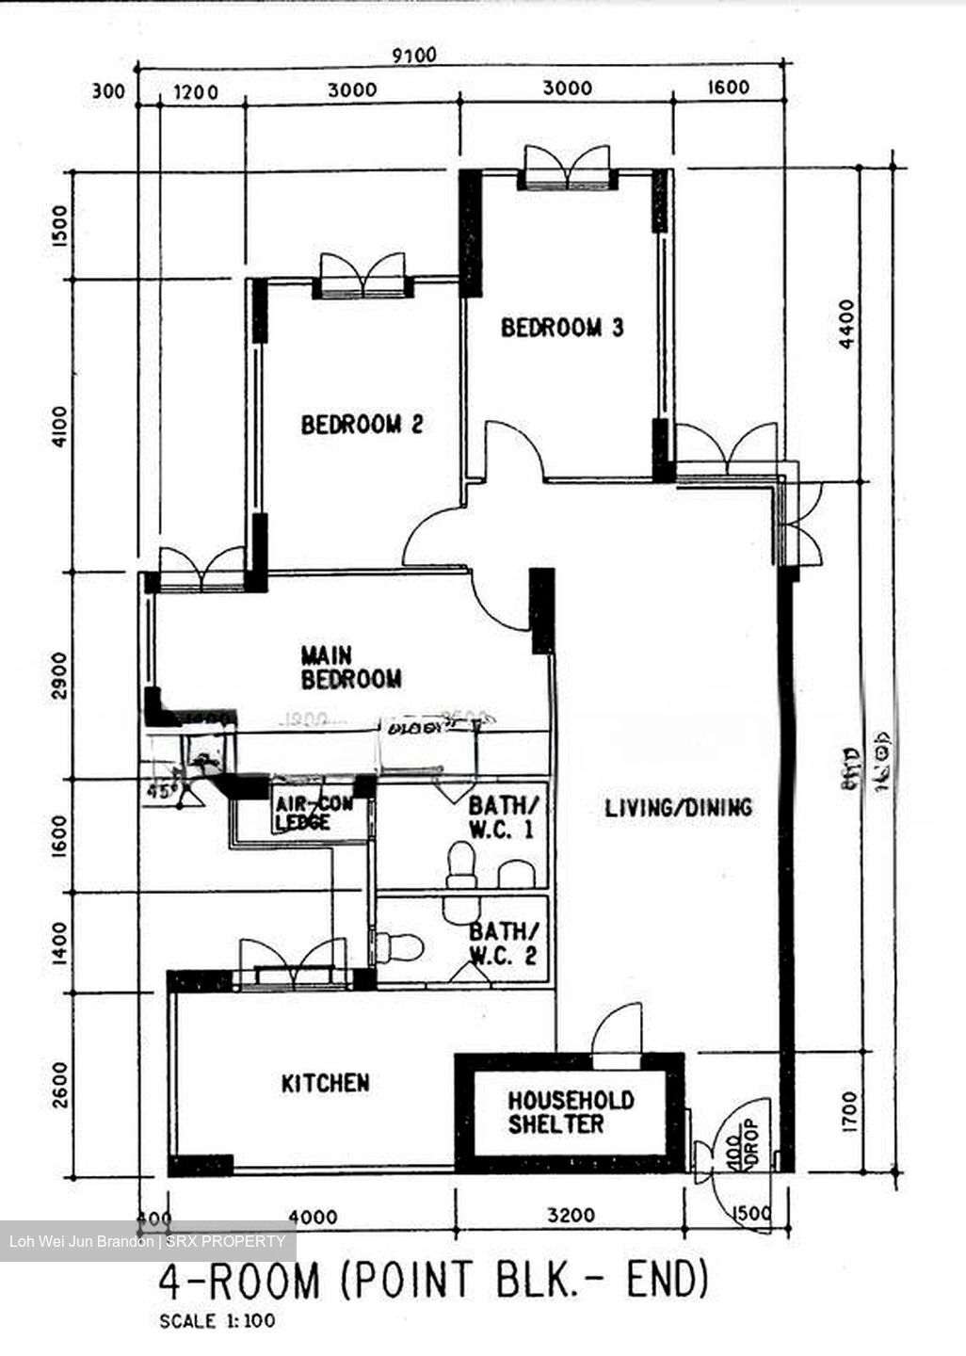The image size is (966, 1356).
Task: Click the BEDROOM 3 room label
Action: (x=562, y=328)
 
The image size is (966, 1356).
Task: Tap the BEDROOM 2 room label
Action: (x=362, y=425)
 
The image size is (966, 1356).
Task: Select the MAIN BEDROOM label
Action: (x=350, y=667)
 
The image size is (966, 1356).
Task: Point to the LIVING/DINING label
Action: (x=678, y=807)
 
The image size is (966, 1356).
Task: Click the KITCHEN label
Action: (x=326, y=1084)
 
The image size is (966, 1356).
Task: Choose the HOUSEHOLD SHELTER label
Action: (x=571, y=1112)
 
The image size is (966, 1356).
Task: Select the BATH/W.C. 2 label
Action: (x=505, y=944)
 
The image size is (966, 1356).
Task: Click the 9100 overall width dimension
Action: (x=414, y=56)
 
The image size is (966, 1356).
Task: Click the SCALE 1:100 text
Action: (x=217, y=1321)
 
